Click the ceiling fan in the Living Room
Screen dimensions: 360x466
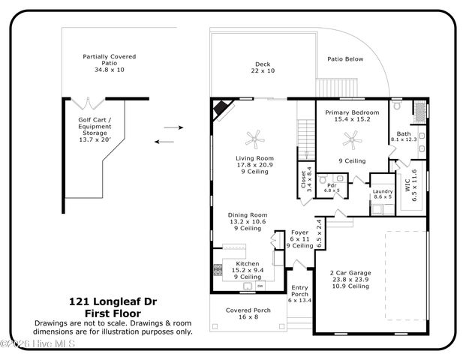pyautogui.click(x=257, y=137)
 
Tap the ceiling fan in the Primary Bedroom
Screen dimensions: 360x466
pyautogui.click(x=350, y=138)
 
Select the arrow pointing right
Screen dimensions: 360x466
pyautogui.click(x=173, y=127)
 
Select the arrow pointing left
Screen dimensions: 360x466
pyautogui.click(x=164, y=141)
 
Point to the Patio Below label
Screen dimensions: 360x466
pyautogui.click(x=344, y=58)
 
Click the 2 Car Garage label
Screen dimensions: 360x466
pyautogui.click(x=349, y=279)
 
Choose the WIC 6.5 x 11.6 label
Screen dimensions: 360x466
pyautogui.click(x=411, y=183)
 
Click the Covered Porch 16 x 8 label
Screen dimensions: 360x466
pyautogui.click(x=247, y=313)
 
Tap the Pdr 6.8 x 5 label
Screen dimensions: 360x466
pyautogui.click(x=330, y=187)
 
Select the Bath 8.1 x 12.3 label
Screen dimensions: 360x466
pyautogui.click(x=404, y=136)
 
